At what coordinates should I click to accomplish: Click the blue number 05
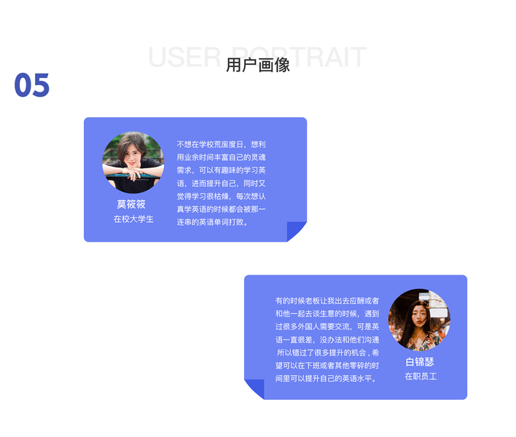[32, 85]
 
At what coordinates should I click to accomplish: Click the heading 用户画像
[257, 65]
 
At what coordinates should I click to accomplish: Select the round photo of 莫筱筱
[133, 162]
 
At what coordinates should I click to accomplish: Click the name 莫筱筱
[131, 204]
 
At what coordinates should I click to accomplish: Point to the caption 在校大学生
[133, 219]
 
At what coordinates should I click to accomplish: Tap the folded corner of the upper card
[297, 231]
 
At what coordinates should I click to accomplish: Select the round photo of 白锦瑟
[419, 320]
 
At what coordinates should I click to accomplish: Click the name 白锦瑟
[420, 362]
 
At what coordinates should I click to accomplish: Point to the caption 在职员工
[421, 377]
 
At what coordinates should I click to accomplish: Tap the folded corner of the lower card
[254, 388]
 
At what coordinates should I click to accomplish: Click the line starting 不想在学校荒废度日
[222, 144]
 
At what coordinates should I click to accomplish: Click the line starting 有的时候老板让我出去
[327, 300]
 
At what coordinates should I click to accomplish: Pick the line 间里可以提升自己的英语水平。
[327, 378]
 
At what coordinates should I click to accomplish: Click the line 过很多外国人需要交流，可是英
[327, 326]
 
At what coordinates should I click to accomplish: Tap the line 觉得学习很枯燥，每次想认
[222, 196]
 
